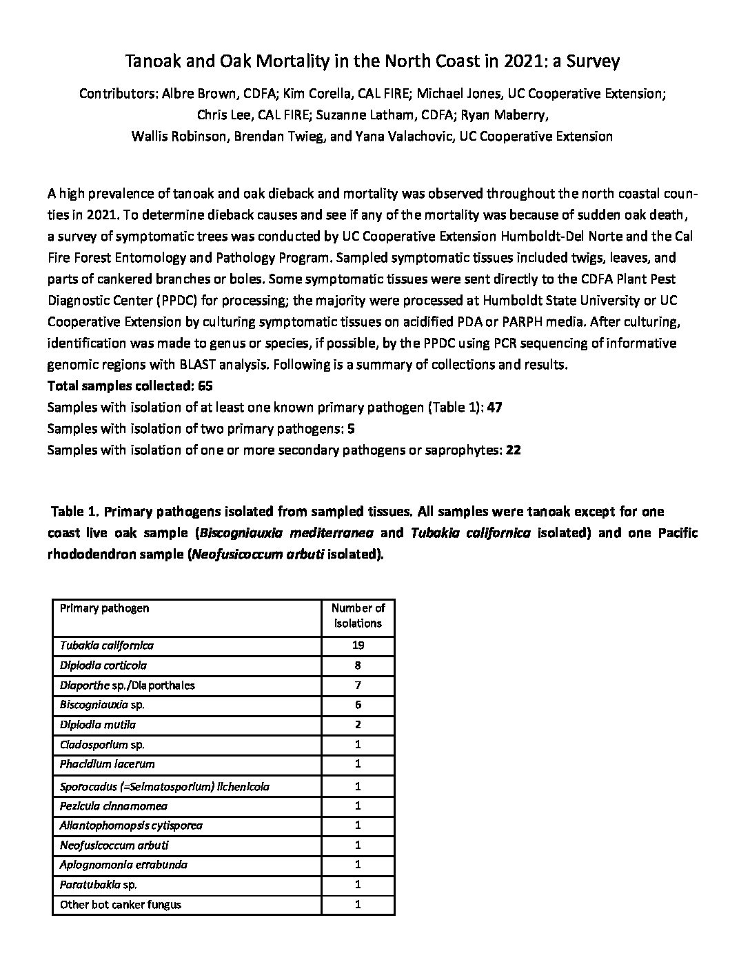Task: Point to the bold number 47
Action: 494,408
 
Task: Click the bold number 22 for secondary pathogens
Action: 513,450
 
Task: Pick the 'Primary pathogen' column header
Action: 104,608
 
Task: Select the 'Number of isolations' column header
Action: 358,615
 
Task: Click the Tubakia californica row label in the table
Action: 107,646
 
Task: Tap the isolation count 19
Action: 358,646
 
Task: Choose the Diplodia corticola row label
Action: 103,665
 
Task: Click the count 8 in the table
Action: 358,665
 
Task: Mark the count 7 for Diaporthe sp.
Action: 358,685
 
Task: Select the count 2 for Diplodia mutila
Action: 358,725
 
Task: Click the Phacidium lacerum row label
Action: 107,764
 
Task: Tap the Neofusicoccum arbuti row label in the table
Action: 114,845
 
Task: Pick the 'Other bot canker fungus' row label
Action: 121,904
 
